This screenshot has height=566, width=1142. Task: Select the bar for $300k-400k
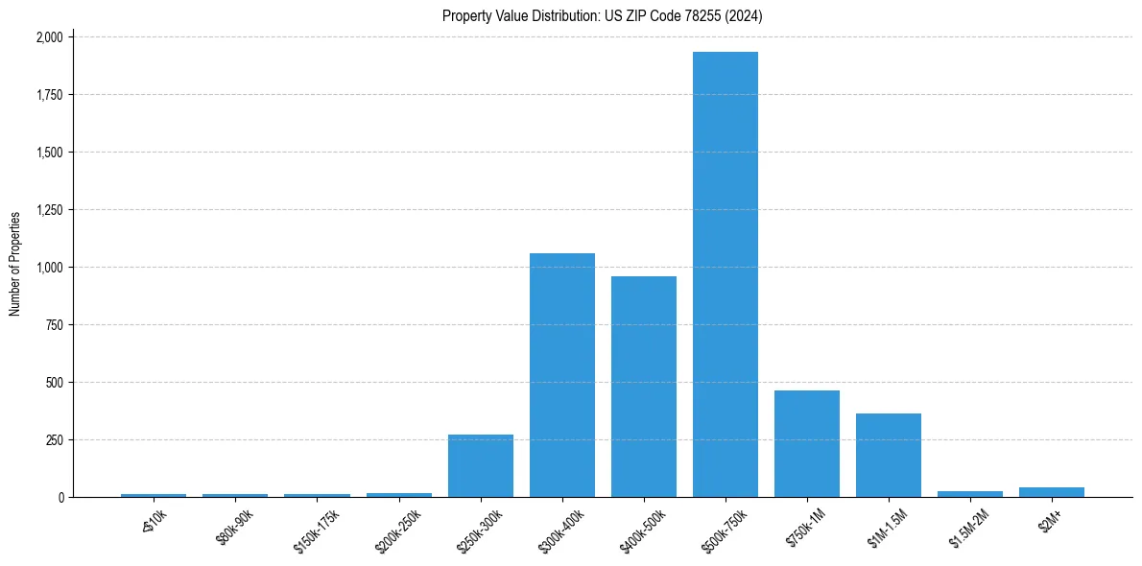tap(562, 375)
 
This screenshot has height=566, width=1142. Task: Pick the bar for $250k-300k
tap(481, 466)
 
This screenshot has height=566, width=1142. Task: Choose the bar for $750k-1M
tap(807, 444)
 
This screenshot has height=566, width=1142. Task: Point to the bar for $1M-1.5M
tap(889, 456)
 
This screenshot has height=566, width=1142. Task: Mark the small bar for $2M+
tap(1052, 492)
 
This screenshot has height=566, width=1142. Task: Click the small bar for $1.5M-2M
tap(970, 494)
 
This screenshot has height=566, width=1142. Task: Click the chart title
tap(603, 16)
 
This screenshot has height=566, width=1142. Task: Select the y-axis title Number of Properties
tap(15, 264)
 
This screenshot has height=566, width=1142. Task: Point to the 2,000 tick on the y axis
tap(49, 37)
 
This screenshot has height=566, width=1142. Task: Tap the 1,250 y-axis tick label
tap(49, 210)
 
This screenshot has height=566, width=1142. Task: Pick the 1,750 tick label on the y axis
tap(49, 95)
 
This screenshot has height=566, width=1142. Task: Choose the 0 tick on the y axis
tap(60, 498)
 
